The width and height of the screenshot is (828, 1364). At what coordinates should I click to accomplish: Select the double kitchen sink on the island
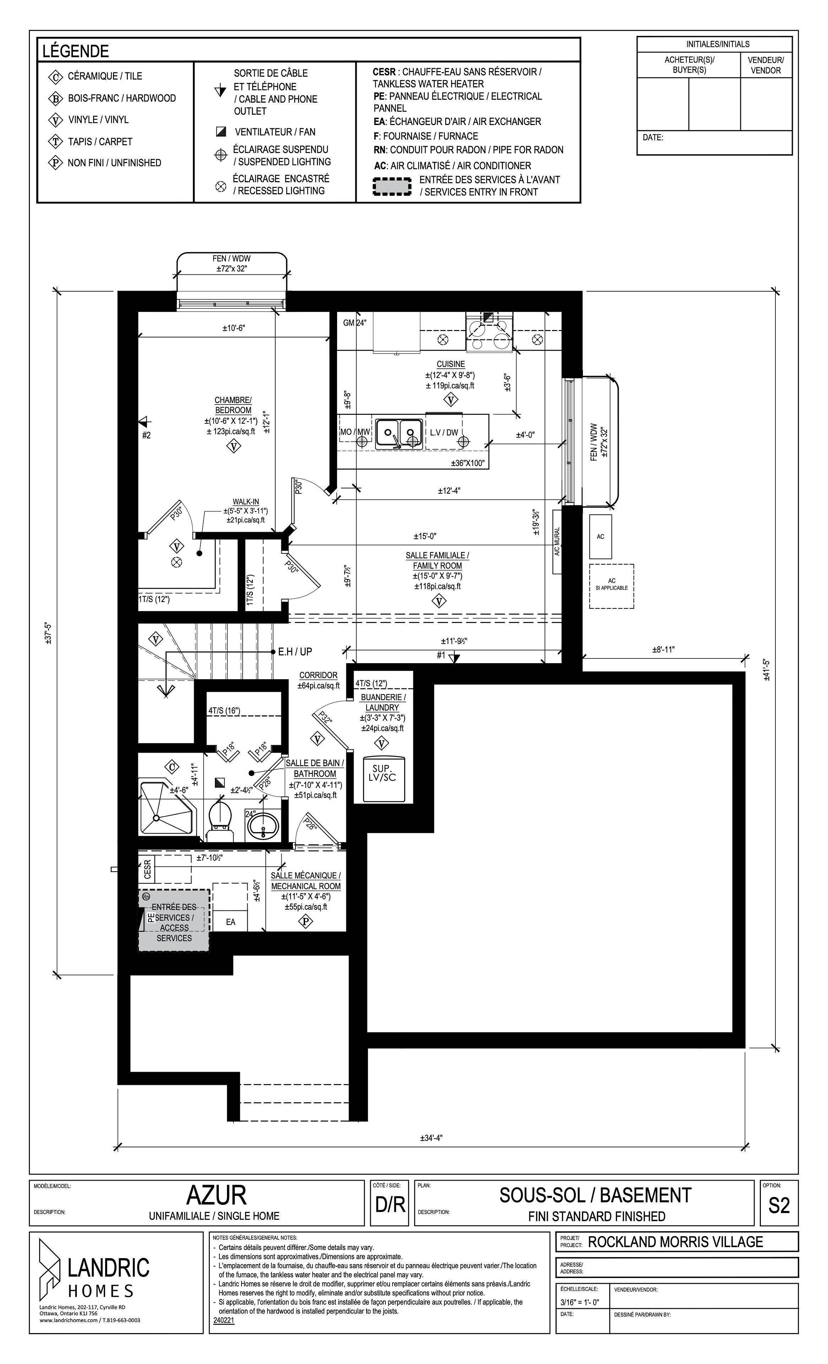click(x=399, y=433)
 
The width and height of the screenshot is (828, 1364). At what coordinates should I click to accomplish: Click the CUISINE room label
click(x=450, y=364)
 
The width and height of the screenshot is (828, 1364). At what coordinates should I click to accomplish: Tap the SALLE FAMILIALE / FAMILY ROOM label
click(x=437, y=560)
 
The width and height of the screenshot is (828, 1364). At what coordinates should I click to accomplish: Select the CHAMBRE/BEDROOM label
click(x=233, y=405)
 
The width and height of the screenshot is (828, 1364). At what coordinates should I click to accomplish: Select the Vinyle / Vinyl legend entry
click(x=98, y=120)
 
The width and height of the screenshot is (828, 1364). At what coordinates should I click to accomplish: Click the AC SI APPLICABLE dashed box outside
click(x=611, y=586)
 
